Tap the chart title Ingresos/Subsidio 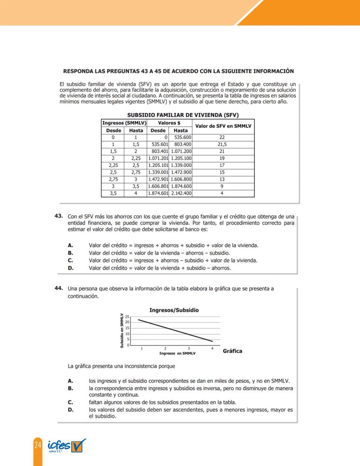174,310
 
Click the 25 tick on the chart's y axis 127,316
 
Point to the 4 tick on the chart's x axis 212,349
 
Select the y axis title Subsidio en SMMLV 122,330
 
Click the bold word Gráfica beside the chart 232,351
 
